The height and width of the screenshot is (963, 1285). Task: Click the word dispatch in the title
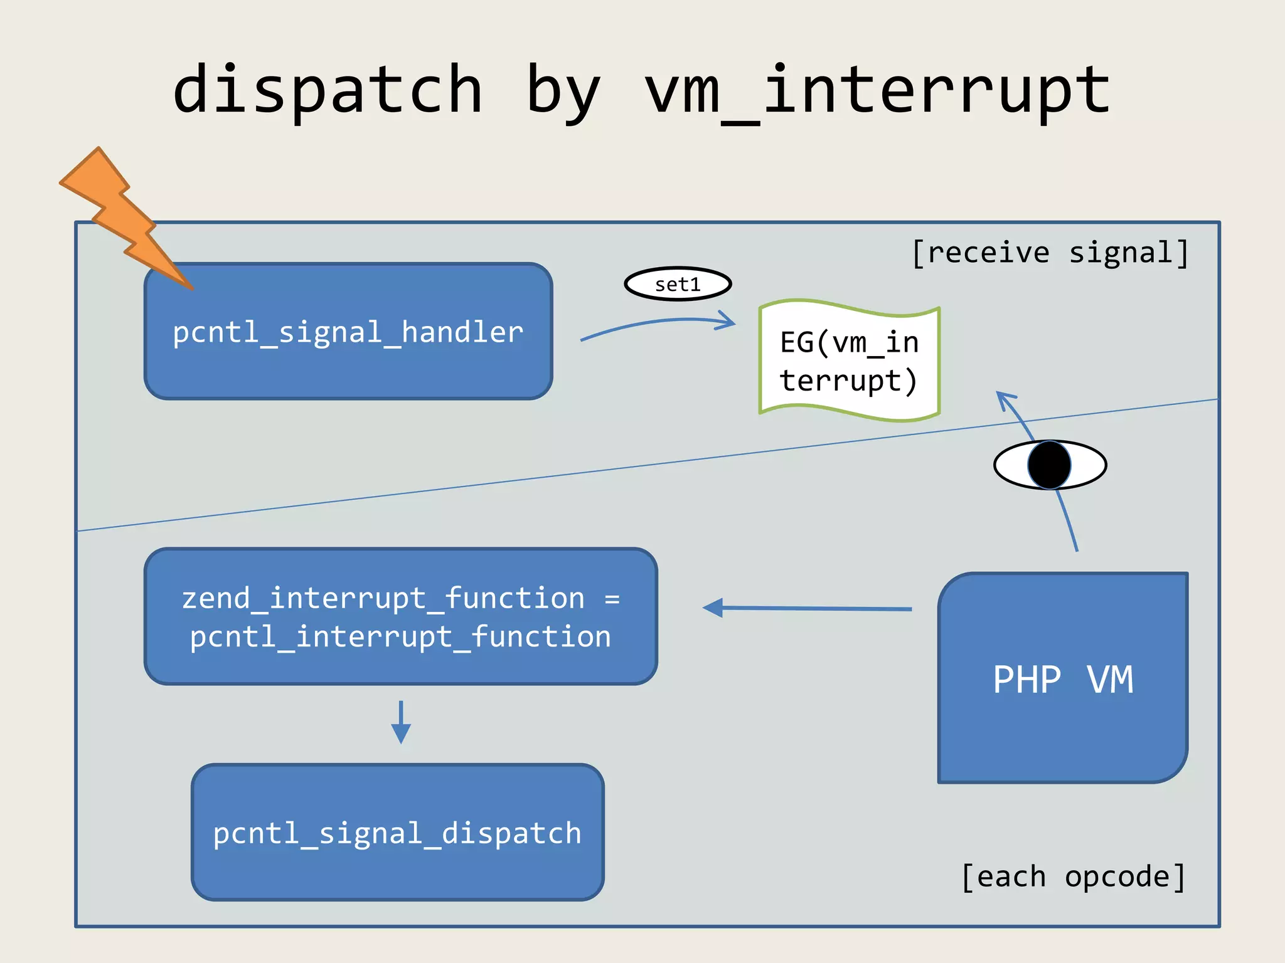328,91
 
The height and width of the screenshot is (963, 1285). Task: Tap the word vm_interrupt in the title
877,91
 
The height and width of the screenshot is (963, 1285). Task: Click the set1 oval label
678,284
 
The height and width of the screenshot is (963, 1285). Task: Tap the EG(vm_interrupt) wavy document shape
849,361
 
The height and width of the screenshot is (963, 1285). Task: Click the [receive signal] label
1049,253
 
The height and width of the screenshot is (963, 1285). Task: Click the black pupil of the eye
1049,465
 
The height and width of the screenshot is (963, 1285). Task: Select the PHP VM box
1063,678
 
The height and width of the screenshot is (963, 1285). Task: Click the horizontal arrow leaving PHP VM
809,608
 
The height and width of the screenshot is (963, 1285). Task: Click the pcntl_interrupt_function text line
400,636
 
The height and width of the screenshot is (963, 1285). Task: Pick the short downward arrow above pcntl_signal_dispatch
401,722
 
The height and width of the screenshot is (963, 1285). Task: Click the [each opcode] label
1073,876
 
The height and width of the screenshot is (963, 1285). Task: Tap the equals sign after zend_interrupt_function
612,599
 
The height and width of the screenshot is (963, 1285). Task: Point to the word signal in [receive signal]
1120,253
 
